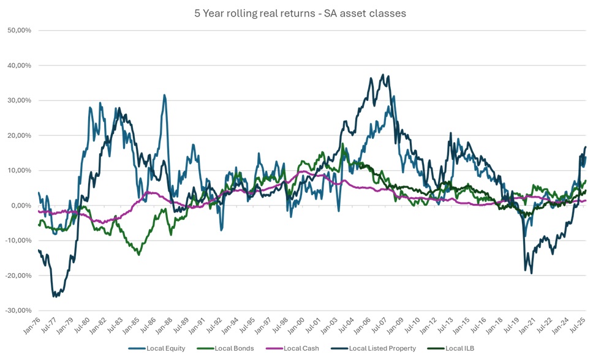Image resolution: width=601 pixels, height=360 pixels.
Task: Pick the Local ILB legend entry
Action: pos(457,348)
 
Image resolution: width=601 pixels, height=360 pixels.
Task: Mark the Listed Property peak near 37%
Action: pos(383,75)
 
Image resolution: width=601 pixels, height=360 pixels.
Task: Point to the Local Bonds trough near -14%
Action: pos(139,254)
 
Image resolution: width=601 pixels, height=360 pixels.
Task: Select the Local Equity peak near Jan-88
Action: pos(164,95)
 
